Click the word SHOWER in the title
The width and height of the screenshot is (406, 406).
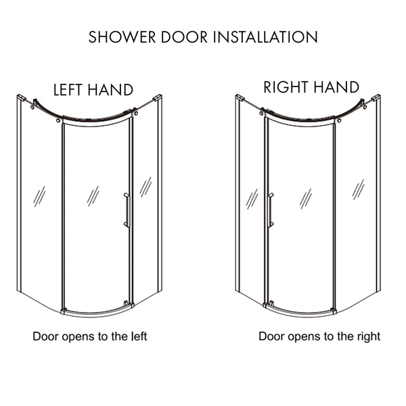point(122,37)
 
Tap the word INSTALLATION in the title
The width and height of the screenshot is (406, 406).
point(265,37)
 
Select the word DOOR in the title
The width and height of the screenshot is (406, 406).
point(184,37)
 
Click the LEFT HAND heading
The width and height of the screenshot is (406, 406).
point(93,90)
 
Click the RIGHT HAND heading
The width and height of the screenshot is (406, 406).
point(311,87)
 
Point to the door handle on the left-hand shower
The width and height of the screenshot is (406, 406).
point(127,210)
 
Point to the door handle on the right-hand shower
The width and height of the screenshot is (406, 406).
point(270,210)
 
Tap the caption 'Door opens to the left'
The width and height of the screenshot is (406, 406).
point(90,336)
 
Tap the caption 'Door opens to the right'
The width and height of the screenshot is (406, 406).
point(319,336)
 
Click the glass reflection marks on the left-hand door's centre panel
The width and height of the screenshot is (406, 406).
point(93,196)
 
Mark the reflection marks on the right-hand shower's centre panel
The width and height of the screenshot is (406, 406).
point(306,198)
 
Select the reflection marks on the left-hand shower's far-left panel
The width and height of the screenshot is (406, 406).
point(39,196)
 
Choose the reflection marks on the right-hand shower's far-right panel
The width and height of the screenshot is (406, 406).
point(358,189)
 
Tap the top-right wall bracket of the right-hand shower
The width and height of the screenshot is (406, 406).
point(376,97)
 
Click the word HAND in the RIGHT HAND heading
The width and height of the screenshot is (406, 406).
point(336,87)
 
